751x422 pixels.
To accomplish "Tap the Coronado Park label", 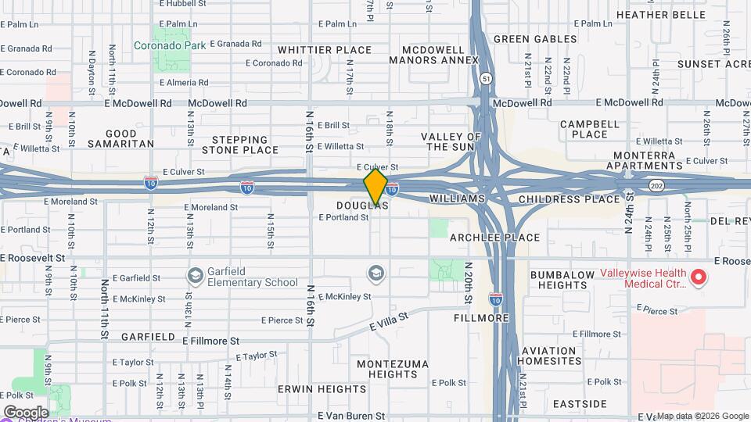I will tap(170, 45).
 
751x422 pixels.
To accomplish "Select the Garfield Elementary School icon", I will tap(195, 276).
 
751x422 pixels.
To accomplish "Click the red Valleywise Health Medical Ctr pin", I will tap(699, 277).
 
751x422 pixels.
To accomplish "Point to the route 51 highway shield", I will tap(487, 79).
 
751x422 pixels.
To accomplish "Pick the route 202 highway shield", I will tap(655, 184).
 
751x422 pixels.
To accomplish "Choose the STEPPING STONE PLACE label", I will tap(240, 145).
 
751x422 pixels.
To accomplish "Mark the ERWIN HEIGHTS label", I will tap(311, 388).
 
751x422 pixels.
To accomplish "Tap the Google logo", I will tap(25, 412).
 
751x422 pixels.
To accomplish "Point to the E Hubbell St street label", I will tap(184, 4).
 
